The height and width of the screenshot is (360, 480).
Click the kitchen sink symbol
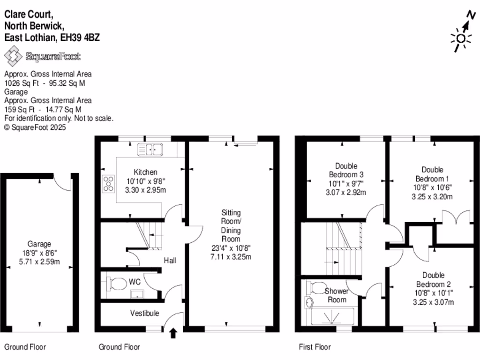pos(150,150)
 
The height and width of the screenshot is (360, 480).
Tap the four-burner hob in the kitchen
pos(109,183)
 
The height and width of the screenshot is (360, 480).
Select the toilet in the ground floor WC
pos(114,283)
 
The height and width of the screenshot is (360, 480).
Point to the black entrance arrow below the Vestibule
pos(173,333)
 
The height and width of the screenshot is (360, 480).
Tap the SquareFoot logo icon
pos(13,57)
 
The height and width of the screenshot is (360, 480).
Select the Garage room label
pos(39,244)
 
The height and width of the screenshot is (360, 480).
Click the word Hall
pos(170,260)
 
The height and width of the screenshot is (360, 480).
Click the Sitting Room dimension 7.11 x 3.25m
pos(231,257)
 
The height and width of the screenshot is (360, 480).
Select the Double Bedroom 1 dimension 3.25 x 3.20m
pos(432,196)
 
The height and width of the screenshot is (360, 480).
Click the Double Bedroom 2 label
pos(433,279)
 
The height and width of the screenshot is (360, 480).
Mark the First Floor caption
pos(315,347)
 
